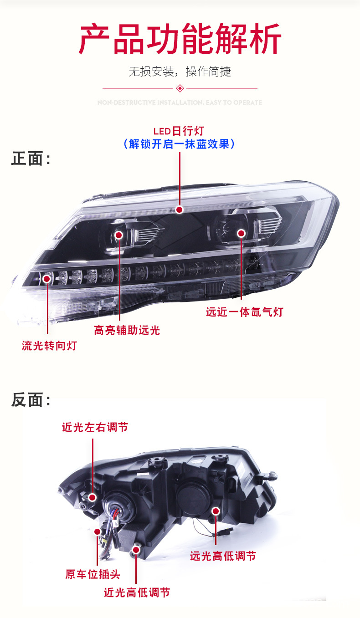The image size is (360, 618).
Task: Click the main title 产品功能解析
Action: (x=180, y=40)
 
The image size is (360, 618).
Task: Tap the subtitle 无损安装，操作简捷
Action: (x=180, y=72)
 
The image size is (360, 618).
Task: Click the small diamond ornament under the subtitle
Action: (x=180, y=88)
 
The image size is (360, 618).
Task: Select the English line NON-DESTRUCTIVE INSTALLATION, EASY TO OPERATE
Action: (x=180, y=103)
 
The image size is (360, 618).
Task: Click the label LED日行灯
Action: (x=179, y=132)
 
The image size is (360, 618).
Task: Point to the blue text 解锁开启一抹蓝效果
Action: (x=179, y=144)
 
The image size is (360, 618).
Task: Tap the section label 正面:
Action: (x=31, y=159)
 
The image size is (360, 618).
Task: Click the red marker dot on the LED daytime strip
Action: (x=180, y=209)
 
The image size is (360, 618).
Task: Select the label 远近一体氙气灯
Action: (x=244, y=312)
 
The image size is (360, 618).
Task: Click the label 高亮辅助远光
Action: (x=127, y=330)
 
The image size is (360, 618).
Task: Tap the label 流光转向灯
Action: (x=49, y=346)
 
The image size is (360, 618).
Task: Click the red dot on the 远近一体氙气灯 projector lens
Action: (x=241, y=234)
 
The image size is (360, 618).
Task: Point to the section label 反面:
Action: (x=31, y=400)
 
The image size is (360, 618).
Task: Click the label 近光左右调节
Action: (x=95, y=427)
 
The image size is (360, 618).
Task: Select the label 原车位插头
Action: (x=93, y=574)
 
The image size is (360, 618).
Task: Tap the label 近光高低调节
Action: (x=137, y=592)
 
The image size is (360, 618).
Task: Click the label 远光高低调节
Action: (x=223, y=556)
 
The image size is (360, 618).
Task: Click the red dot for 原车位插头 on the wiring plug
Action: (x=97, y=531)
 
